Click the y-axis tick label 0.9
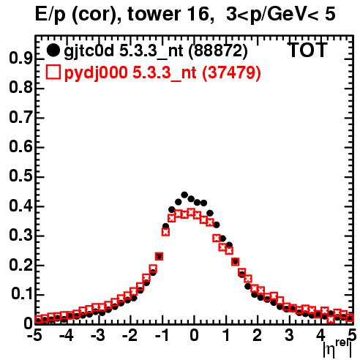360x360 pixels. (x=20, y=59)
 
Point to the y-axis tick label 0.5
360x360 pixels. (x=20, y=177)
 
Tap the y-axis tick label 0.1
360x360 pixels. (x=22, y=294)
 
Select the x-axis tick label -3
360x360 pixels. (x=98, y=336)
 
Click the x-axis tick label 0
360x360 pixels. (x=194, y=336)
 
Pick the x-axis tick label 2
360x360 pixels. (x=258, y=336)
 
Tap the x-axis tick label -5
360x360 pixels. (x=34, y=336)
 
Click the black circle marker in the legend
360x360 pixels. (x=53, y=50)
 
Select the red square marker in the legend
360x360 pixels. (x=53, y=72)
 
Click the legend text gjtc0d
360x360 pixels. (x=89, y=51)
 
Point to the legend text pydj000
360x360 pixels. (x=96, y=73)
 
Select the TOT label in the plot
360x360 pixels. (x=307, y=50)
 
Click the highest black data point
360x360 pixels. (x=184, y=195)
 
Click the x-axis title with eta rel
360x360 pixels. (x=338, y=349)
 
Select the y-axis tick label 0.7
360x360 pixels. (x=20, y=118)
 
